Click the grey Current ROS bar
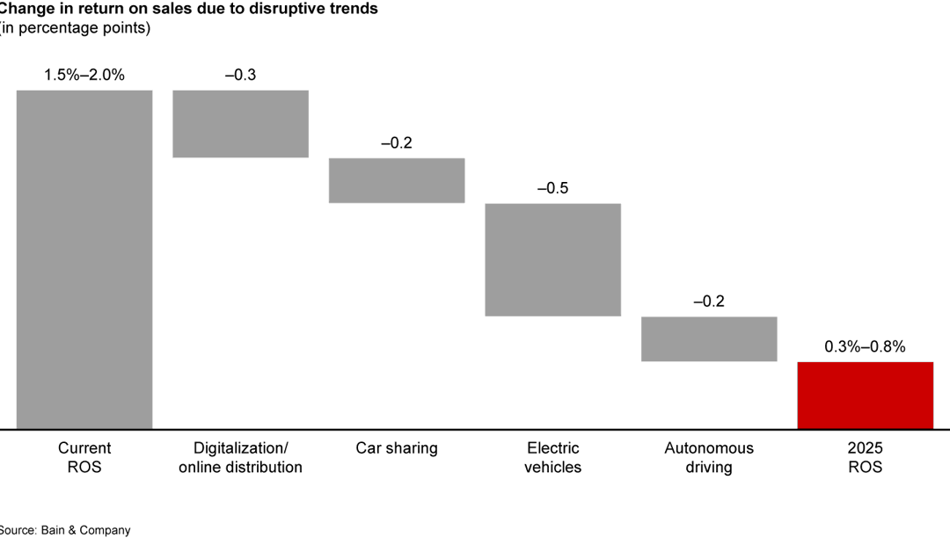pos(84,259)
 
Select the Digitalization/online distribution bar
pos(240,123)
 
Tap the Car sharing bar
pos(397,180)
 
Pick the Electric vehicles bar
pos(553,259)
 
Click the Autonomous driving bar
pos(709,338)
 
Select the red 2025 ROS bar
pos(865,395)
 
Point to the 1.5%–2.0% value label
pos(84,75)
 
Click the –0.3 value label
pos(240,75)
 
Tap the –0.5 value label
pos(553,188)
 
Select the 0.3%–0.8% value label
pos(865,346)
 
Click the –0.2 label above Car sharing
pos(397,142)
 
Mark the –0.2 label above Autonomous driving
pos(709,302)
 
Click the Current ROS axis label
pos(84,457)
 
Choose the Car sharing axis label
pos(397,448)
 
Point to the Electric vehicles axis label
pos(553,457)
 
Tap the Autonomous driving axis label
pos(709,457)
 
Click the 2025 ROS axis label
pos(865,457)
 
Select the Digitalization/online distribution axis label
pos(240,457)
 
